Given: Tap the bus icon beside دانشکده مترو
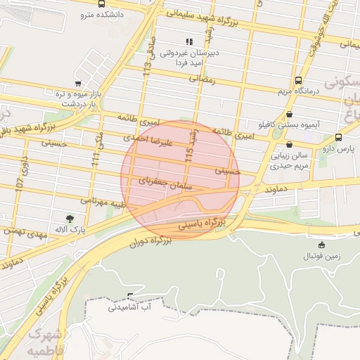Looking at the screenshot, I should point(103,4).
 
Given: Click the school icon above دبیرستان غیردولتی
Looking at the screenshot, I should point(188,42).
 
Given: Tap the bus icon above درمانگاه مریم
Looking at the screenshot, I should point(299,80).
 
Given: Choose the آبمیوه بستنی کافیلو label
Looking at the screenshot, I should point(290,124).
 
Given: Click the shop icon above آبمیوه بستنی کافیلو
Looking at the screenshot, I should point(290,115).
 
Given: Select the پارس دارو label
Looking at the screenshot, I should point(337,148).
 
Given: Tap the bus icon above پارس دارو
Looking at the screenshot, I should point(339,138).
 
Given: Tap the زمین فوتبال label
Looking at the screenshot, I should point(322,256).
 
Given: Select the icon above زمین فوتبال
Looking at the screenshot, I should point(322,245).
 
